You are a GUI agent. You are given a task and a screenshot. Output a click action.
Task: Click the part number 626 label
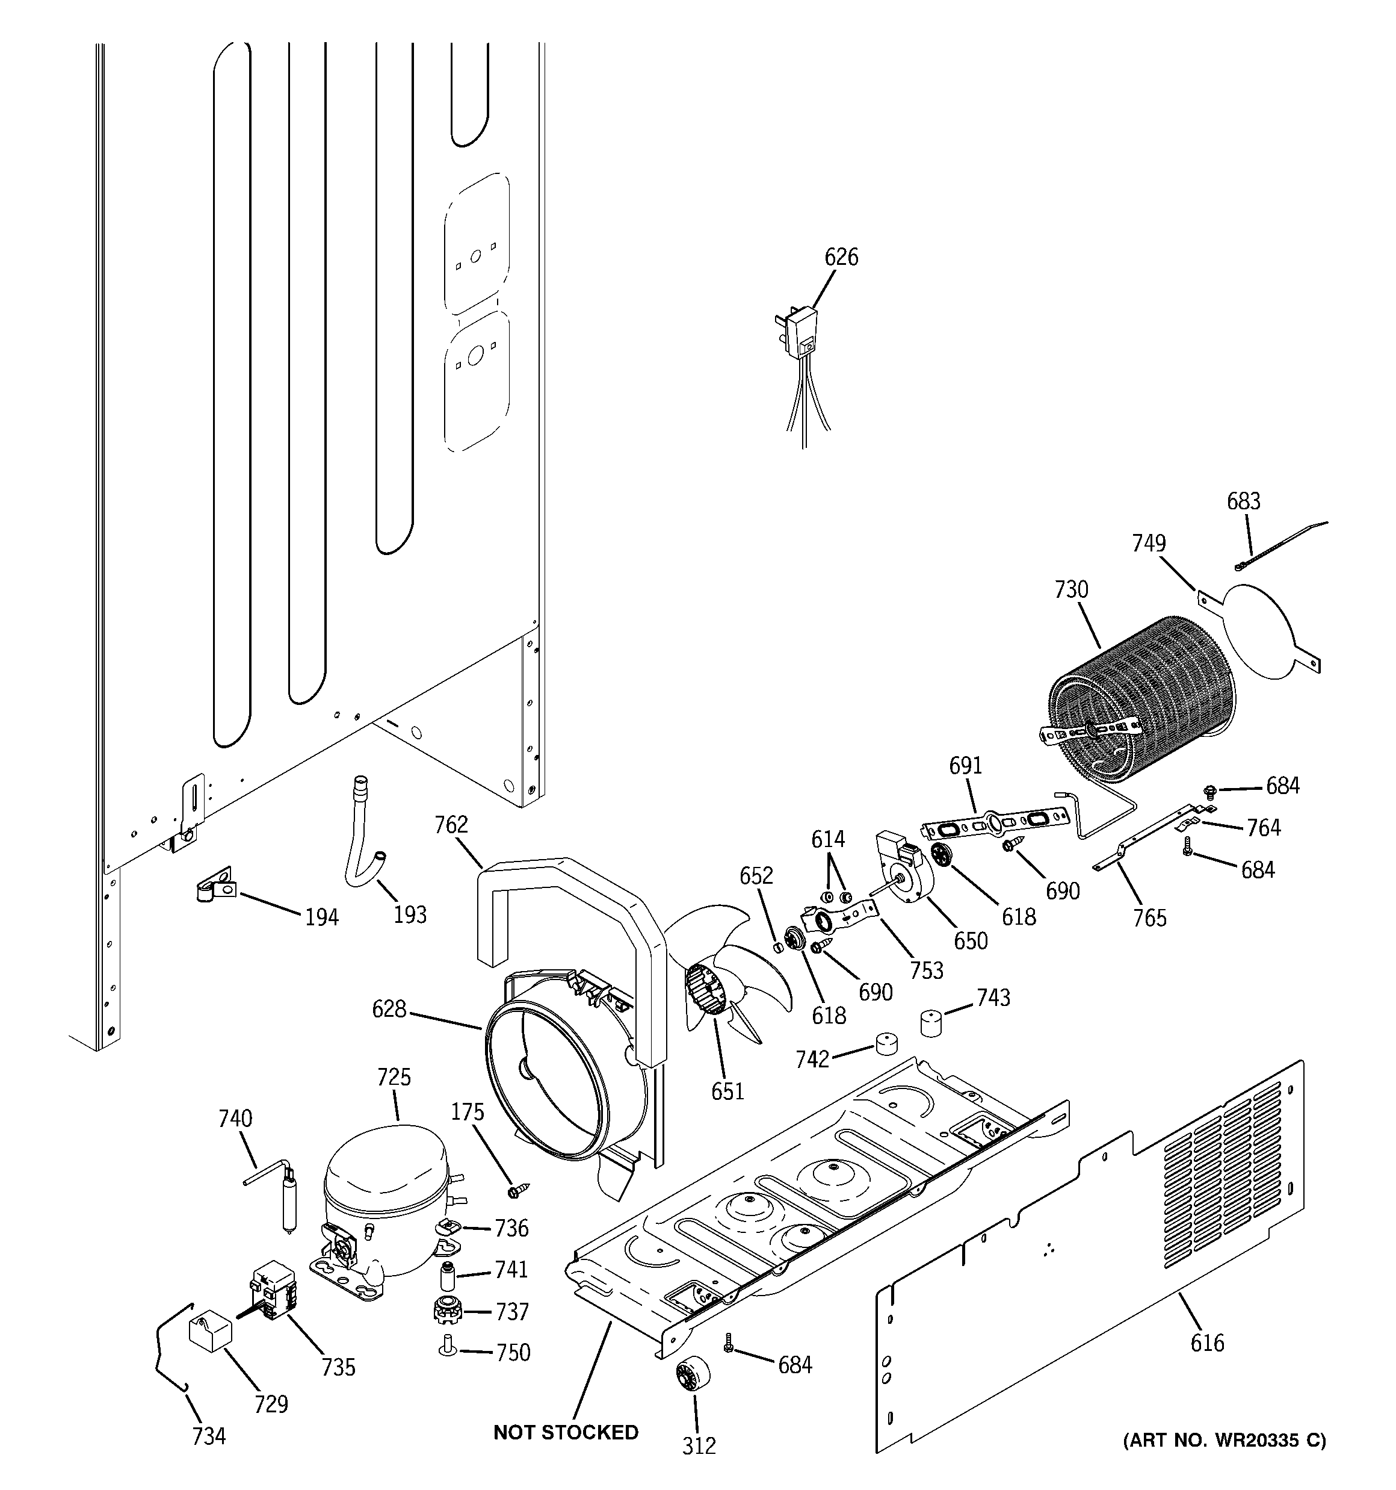[841, 257]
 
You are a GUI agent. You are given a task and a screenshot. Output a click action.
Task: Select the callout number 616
[1207, 1343]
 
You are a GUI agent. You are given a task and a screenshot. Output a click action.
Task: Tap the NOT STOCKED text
[566, 1432]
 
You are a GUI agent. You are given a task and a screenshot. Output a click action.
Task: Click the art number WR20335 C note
[1224, 1440]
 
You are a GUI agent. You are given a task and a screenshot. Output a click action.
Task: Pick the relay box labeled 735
[272, 1294]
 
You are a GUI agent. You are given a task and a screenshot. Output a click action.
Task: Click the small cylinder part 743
[931, 1022]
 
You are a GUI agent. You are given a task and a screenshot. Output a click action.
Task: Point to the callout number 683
[1243, 501]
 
